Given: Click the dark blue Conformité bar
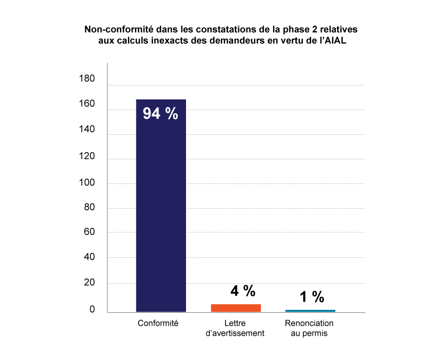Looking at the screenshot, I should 161,209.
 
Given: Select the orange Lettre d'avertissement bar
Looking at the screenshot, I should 236,308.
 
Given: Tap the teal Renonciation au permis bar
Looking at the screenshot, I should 310,310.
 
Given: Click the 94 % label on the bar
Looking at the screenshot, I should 160,114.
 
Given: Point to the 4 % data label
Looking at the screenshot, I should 243,291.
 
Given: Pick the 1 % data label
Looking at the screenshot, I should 311,296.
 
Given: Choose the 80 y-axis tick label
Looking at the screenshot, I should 88,208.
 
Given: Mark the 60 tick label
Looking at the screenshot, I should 88,232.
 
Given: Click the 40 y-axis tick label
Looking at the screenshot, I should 88,257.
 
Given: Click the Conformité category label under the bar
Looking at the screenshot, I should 158,323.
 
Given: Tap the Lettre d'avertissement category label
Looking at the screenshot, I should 235,328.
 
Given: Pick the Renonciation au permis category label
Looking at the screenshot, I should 309,328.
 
